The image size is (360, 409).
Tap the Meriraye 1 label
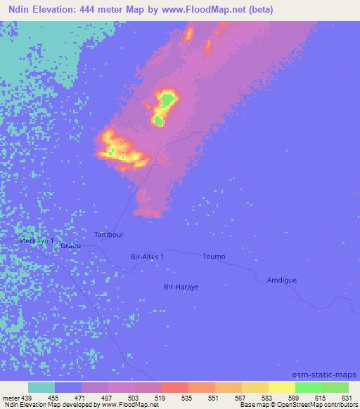point(37,241)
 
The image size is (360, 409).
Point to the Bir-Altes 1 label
point(148,257)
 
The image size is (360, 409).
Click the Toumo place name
point(214,257)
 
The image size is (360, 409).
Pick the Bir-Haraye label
point(179,286)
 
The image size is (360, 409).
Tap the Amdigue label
point(281,280)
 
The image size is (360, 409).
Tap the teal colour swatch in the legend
point(41,387)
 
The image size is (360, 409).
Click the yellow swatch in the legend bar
point(282,387)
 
